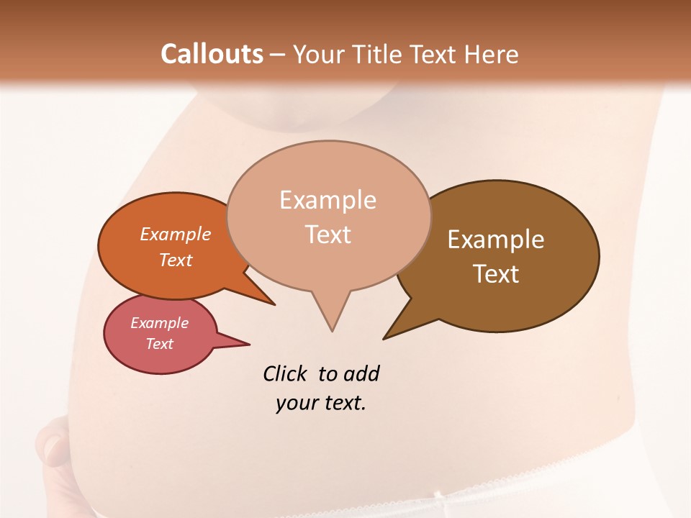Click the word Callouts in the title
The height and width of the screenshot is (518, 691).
212,54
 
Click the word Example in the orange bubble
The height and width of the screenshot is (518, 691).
176,234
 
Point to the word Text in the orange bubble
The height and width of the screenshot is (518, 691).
176,260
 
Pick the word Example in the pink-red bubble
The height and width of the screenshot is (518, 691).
160,323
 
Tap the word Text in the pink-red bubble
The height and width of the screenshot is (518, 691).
160,344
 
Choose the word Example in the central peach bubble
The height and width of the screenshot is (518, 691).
328,200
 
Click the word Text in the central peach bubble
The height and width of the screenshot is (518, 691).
328,235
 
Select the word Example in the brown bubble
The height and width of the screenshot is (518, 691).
496,240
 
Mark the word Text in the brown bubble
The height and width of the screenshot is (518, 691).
496,274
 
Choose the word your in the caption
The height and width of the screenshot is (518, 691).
296,403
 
